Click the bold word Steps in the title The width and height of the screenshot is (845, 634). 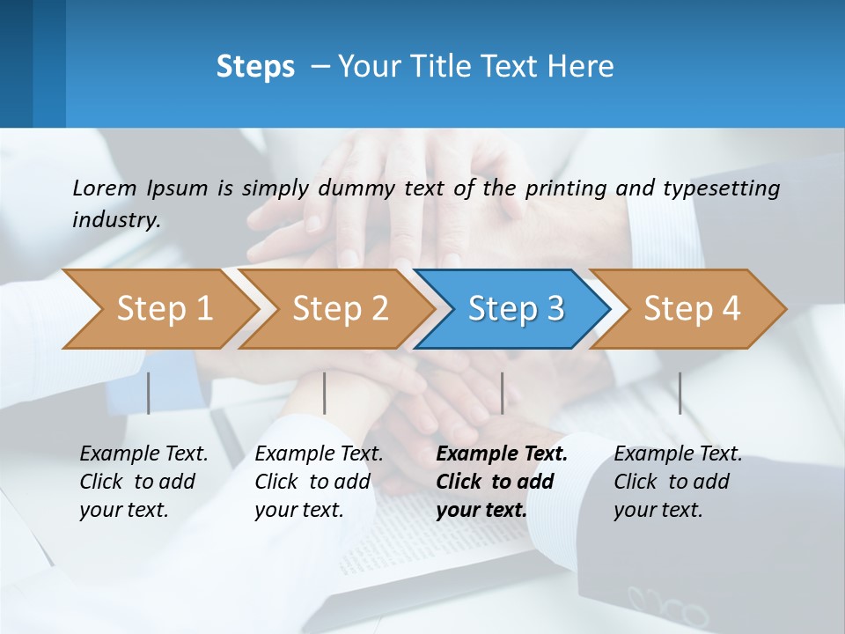[255, 67]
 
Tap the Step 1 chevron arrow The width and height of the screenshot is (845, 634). [158, 309]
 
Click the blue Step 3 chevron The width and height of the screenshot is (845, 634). [512, 309]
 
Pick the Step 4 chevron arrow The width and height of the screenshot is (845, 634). [688, 309]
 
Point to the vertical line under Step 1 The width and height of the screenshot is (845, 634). [149, 393]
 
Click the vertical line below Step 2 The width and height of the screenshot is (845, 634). [325, 393]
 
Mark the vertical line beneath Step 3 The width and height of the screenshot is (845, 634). [503, 393]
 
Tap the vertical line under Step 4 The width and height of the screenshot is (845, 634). [680, 393]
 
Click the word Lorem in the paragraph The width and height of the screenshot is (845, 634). [104, 188]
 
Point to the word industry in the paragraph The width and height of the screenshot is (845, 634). [115, 220]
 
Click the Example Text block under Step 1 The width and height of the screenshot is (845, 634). [143, 482]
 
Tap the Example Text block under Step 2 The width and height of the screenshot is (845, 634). [319, 482]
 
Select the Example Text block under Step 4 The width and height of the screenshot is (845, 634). [678, 482]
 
